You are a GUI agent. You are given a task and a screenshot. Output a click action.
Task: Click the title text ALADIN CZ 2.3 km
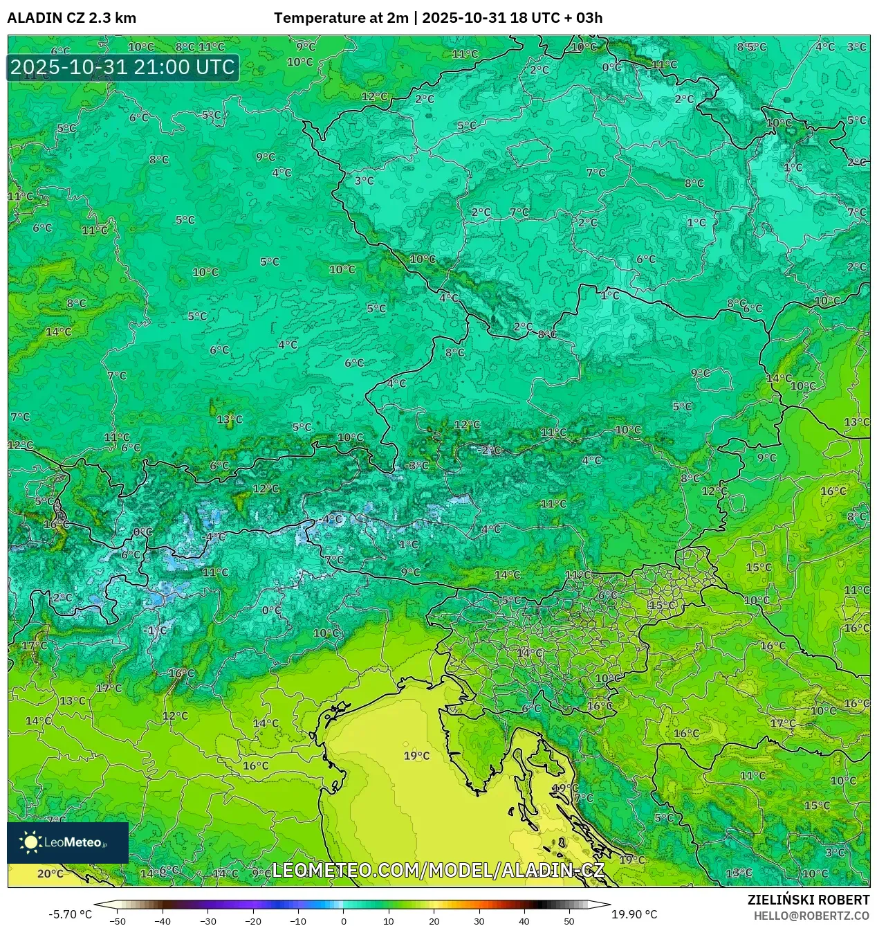coord(72,18)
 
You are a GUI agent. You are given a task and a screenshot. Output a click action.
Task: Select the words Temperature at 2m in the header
coord(341,18)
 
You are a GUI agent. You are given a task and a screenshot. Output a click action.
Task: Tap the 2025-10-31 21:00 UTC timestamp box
coord(123,67)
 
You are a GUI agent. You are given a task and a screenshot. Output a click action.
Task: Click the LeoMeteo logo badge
coord(68,842)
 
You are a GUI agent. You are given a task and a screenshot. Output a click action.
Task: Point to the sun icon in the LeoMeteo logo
coord(30,842)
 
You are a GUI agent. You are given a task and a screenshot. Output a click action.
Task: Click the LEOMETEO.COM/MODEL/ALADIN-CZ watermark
coord(438,870)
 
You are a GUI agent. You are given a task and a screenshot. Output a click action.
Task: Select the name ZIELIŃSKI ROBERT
coord(808,900)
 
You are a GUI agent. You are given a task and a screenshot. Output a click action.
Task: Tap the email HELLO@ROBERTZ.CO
coord(811,916)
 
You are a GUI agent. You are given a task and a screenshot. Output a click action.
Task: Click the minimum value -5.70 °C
coord(70,914)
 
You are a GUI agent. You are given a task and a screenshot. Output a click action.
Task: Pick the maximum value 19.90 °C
coord(634,914)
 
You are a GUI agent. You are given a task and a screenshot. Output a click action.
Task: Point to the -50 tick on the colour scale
coord(118,920)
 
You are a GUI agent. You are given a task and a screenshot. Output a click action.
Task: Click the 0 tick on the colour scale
coord(343,920)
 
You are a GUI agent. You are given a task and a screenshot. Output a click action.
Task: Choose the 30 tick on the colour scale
coord(479,920)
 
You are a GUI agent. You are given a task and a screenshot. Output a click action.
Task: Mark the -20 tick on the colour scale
coord(253,920)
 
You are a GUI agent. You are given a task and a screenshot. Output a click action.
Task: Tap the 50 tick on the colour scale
coord(569,920)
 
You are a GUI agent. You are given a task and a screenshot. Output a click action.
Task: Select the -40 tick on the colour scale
coord(163,920)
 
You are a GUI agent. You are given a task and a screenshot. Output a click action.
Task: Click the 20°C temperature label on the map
coord(50,873)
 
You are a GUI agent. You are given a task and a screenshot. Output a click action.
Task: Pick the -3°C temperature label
coord(417,465)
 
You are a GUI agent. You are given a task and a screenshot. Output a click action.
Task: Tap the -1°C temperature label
coord(156,630)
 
